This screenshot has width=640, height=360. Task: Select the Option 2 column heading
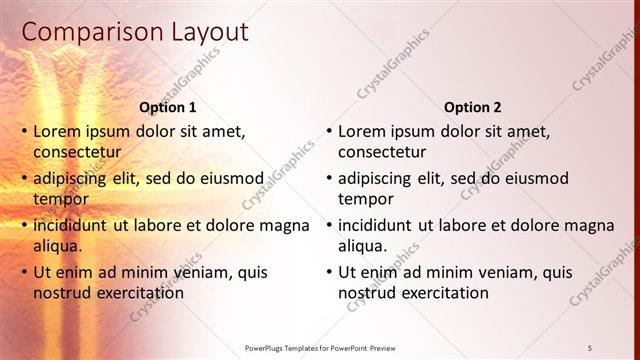pyautogui.click(x=473, y=107)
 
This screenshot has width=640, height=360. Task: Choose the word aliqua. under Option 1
pyautogui.click(x=58, y=246)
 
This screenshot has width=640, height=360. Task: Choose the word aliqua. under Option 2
pyautogui.click(x=363, y=246)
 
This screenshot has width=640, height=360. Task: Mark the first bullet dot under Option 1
pyautogui.click(x=24, y=131)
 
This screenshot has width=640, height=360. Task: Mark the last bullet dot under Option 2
pyautogui.click(x=329, y=272)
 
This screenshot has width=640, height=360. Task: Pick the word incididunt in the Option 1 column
pyautogui.click(x=71, y=225)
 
